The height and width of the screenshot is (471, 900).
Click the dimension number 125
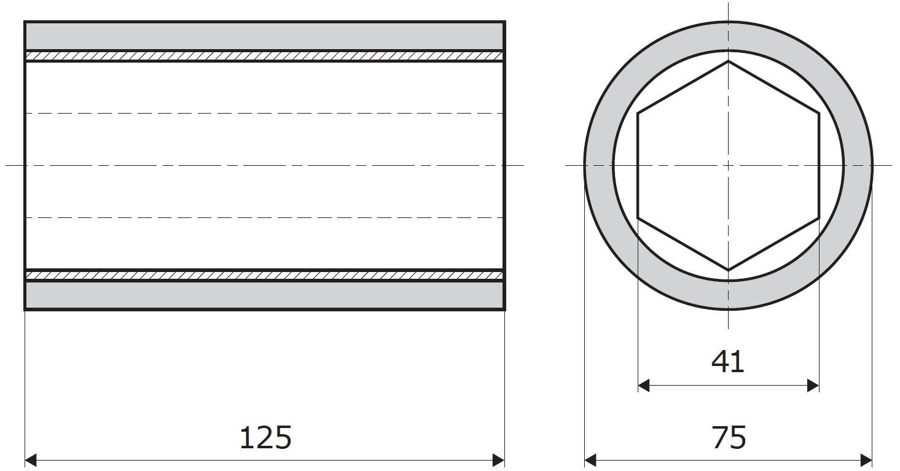265,438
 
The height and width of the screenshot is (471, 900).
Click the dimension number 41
727,362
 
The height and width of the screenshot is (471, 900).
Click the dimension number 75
729,438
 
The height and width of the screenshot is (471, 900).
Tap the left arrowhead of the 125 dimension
31,460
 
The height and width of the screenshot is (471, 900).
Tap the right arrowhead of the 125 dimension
499,460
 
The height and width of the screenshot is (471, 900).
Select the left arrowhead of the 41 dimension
644,386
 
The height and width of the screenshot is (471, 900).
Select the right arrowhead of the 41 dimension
813,386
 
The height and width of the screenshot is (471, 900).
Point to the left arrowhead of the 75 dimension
590,460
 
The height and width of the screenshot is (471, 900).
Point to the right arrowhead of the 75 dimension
866,460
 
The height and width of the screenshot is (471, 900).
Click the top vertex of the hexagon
729,61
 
